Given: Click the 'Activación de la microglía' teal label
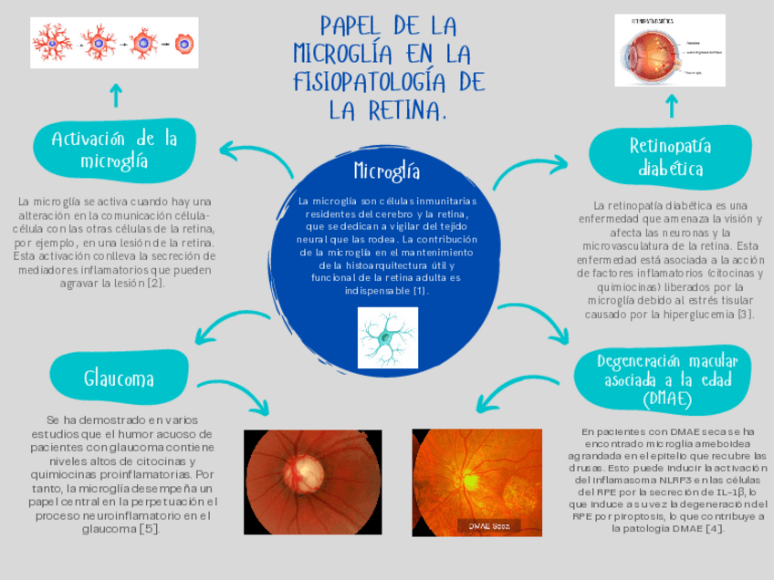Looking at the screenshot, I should click(114, 150).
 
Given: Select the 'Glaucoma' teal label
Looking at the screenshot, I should click(119, 378).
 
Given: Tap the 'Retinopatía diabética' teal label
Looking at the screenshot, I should click(671, 158).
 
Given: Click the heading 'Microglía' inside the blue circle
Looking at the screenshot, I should click(387, 171).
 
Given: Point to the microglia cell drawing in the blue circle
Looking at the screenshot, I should click(387, 337).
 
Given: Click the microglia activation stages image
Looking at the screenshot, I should click(114, 42).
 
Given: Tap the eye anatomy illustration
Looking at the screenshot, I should click(670, 50).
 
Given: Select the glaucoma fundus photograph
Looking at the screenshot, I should click(313, 482).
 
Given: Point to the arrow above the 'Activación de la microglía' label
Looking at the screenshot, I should click(115, 94).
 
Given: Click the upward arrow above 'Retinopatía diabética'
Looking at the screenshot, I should click(671, 107).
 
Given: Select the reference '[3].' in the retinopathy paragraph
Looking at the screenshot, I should click(746, 315).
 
